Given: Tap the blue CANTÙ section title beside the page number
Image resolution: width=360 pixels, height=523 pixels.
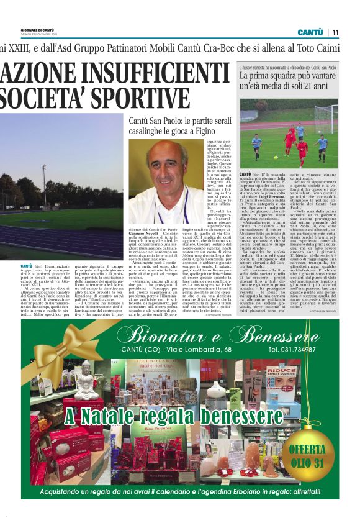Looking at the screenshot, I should (x=310, y=32).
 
